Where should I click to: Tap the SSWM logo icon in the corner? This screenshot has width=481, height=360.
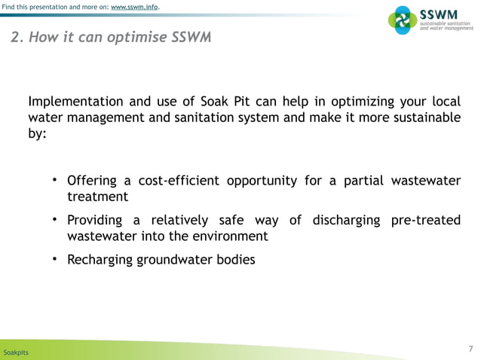click(402, 20)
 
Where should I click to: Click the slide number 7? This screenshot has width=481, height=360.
click(470, 348)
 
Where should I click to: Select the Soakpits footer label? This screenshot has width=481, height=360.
click(17, 352)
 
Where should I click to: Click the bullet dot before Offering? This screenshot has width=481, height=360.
click(55, 180)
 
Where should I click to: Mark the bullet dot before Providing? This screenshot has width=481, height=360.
click(55, 220)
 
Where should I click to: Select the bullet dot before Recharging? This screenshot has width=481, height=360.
click(55, 260)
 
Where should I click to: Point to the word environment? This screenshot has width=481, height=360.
click(227, 236)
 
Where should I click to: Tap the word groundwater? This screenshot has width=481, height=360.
click(173, 261)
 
